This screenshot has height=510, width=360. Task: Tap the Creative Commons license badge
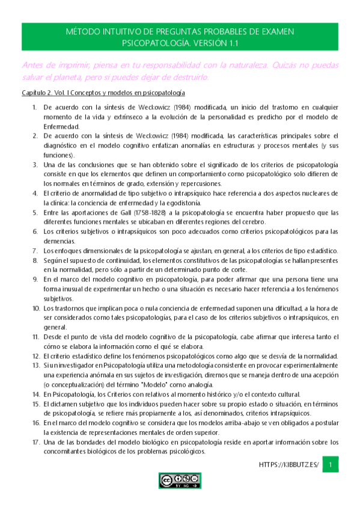(180, 479)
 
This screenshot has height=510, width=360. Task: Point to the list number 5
(34, 214)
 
